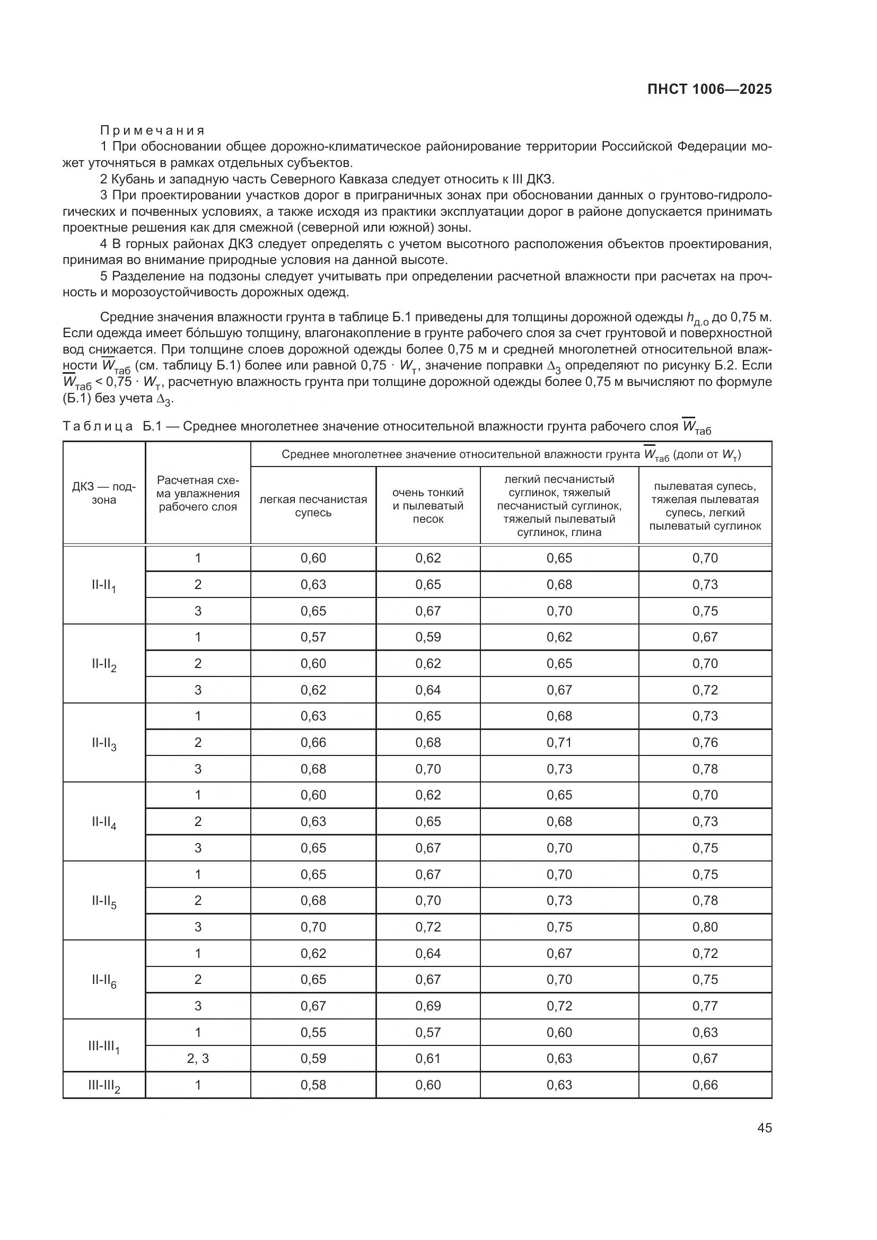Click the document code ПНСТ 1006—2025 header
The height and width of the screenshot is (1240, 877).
[709, 90]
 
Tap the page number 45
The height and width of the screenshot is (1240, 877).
[764, 1128]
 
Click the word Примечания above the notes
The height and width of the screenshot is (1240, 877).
[152, 130]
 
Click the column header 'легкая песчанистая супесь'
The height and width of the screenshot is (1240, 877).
[313, 506]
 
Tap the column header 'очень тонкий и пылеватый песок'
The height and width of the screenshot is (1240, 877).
[428, 506]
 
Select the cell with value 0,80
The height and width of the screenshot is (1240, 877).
[705, 927]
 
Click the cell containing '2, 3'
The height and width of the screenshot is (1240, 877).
[198, 1059]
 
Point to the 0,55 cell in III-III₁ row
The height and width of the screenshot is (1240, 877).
[313, 1033]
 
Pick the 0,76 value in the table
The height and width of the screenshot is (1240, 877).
[705, 743]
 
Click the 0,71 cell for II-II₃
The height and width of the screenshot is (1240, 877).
[559, 743]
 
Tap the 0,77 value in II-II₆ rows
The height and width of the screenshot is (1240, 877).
[705, 1006]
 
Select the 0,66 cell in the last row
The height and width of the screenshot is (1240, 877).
[705, 1086]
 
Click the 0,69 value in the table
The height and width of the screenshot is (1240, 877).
[428, 1006]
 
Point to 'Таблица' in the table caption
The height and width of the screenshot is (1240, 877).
[98, 427]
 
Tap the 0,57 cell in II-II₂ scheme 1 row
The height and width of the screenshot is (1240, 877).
[313, 637]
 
